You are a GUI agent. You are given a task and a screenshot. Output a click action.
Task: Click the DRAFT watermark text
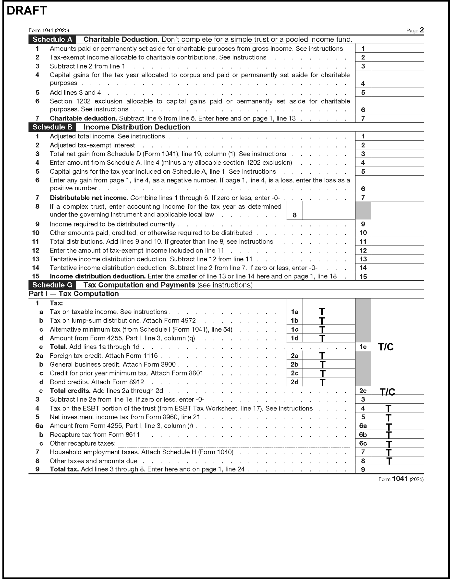point(26,11)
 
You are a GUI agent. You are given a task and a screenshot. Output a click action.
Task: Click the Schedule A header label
point(52,39)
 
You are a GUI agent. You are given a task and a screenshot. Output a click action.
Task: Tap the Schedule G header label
point(52,285)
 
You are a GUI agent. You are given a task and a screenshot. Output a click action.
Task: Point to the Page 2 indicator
point(415,30)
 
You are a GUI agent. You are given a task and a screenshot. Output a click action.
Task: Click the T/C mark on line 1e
point(386,347)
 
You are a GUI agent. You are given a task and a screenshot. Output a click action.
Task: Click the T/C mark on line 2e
point(387,392)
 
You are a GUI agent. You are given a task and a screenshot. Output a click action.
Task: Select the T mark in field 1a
point(322,312)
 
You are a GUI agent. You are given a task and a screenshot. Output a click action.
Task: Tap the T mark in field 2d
point(322,382)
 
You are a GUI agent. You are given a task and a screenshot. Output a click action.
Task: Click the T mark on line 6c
point(389,444)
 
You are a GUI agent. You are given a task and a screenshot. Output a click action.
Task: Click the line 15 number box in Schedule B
point(363,277)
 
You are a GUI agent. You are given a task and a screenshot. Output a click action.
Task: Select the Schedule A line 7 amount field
point(397,119)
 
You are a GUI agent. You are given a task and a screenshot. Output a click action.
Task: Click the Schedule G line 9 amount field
point(397,470)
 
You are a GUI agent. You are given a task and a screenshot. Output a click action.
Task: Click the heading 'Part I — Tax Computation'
point(74,294)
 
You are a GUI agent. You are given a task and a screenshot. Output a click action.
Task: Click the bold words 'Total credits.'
point(70,391)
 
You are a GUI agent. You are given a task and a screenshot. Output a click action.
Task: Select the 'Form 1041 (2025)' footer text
point(401,479)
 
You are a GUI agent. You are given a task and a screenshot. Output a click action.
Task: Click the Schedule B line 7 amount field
point(397,197)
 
